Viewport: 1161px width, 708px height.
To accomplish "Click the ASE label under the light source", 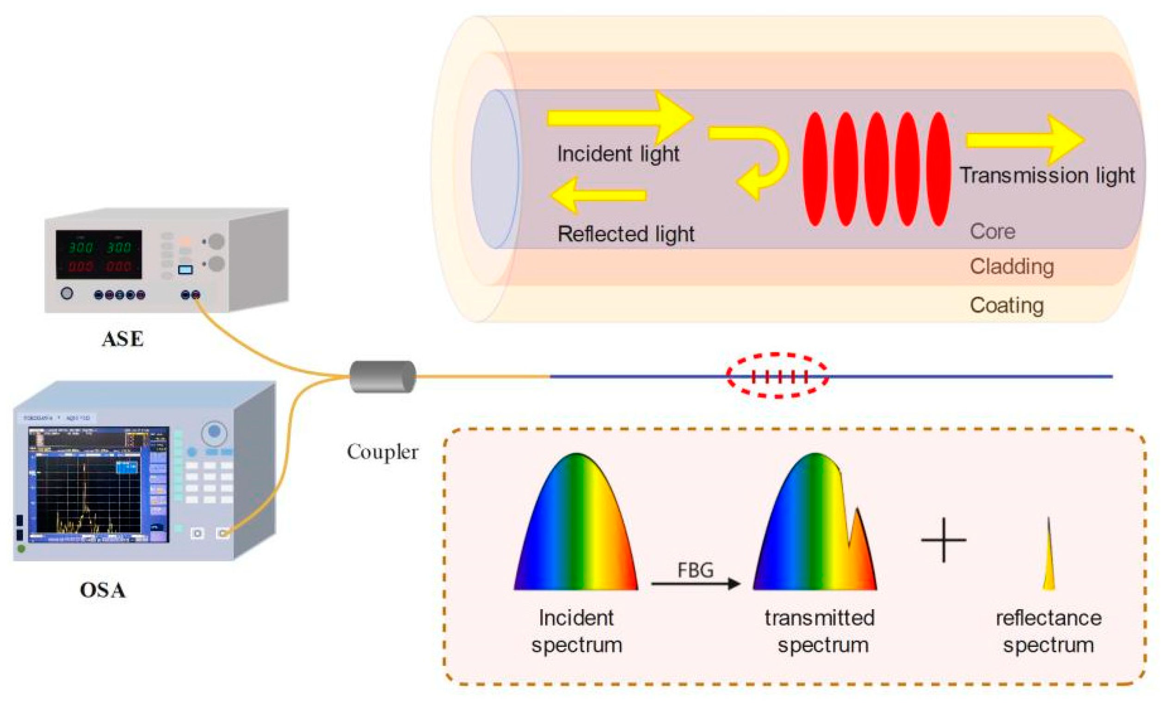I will click(x=123, y=339).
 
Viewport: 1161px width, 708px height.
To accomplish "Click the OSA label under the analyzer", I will click(x=103, y=591).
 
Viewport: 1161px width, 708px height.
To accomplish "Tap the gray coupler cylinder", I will click(x=383, y=376).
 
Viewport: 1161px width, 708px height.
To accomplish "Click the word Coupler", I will click(x=382, y=452).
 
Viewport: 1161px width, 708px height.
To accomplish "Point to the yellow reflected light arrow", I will click(x=599, y=195).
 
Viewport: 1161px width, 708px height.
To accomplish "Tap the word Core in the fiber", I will click(x=992, y=231).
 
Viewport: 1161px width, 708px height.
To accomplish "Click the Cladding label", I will click(x=1012, y=267).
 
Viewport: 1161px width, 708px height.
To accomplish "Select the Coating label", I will click(x=1007, y=305).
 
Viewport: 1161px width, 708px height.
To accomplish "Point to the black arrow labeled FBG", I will click(x=696, y=584).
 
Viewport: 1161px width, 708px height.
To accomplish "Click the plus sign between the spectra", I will click(x=943, y=540).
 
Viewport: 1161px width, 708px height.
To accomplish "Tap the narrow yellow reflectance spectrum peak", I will click(x=1049, y=565).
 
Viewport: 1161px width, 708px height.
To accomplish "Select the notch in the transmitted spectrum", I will click(x=849, y=542).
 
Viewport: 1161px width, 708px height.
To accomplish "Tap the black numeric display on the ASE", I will click(x=99, y=254).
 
